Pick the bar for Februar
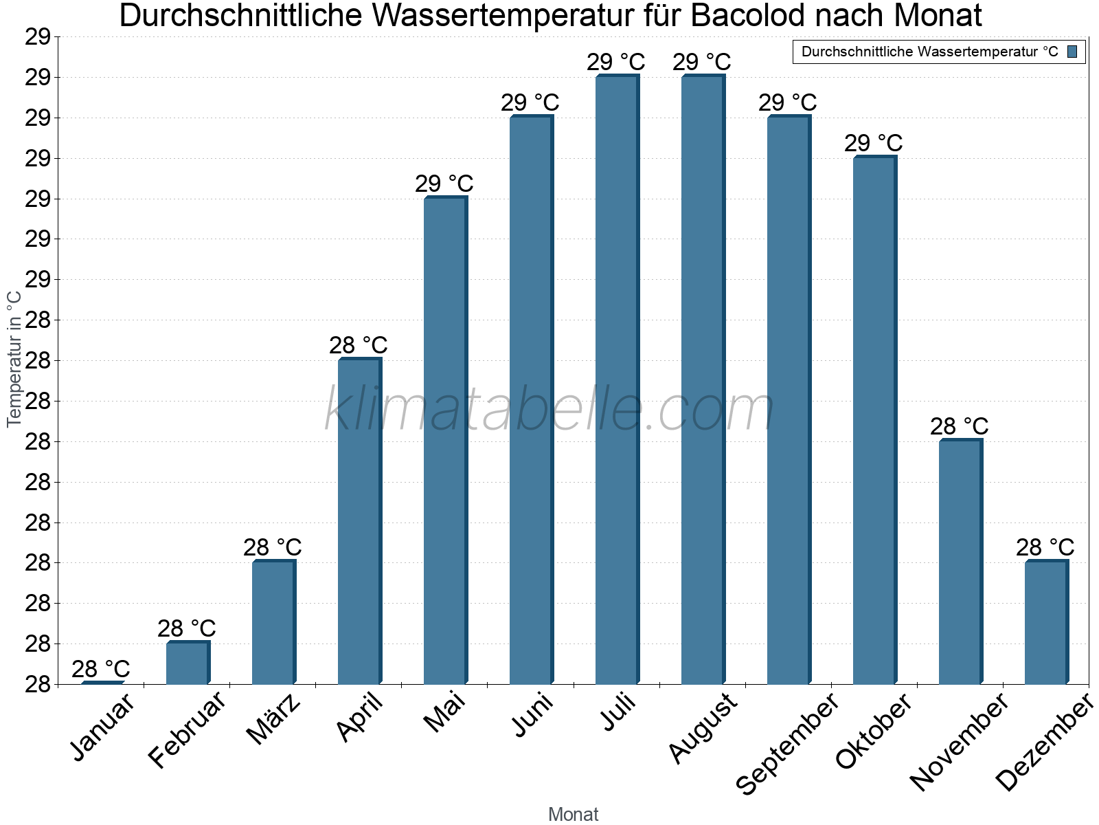click(188, 663)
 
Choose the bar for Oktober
click(874, 420)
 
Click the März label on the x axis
click(274, 718)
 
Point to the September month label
click(787, 742)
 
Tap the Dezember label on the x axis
click(1045, 742)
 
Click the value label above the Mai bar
click(444, 184)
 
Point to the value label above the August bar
click(702, 63)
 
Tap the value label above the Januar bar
click(101, 669)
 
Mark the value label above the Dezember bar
click(1045, 548)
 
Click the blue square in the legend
click(1072, 52)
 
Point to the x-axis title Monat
click(574, 815)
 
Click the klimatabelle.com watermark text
click(549, 410)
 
